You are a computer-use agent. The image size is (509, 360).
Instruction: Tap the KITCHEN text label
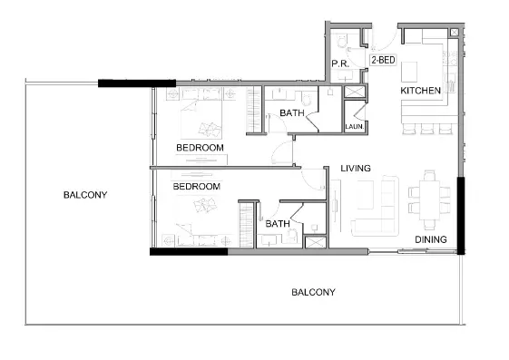421,91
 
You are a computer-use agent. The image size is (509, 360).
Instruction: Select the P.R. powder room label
340,63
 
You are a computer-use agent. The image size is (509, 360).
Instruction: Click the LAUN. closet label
354,127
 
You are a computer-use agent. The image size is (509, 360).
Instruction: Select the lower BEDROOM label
196,187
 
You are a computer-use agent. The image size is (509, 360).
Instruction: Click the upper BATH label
291,113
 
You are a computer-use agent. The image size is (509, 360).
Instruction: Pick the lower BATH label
277,223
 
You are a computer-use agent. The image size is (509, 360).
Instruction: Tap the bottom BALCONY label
313,292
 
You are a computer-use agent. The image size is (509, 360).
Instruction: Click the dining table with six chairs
427,199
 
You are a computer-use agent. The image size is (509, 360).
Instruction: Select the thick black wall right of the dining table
462,216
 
